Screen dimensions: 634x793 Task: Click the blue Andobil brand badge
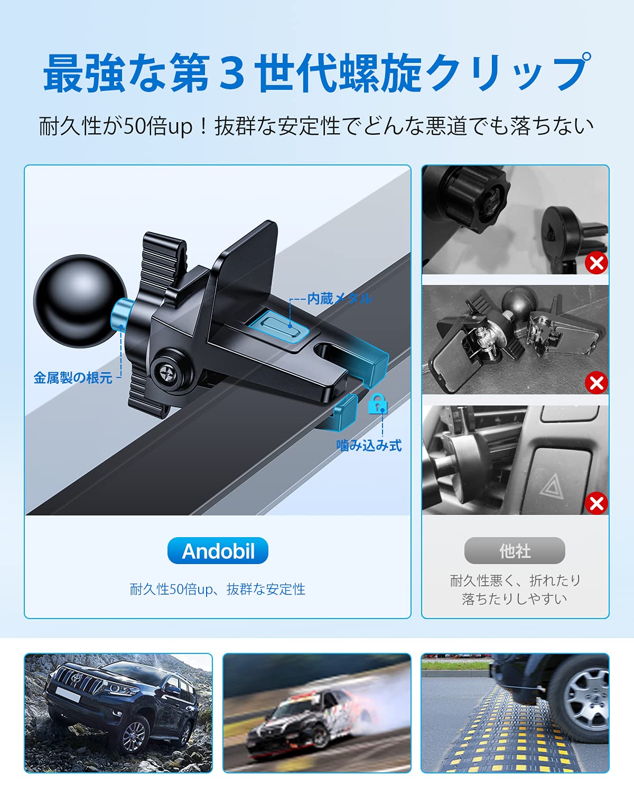218,550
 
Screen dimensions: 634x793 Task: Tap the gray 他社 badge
515,550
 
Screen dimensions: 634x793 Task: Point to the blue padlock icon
378,403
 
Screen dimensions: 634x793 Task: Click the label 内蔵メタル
339,299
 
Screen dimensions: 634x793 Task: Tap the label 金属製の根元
73,377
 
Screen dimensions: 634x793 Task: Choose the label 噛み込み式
369,446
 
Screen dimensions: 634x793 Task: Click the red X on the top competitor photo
596,263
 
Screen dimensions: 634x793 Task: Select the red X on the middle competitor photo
596,383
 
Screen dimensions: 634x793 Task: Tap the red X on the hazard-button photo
596,503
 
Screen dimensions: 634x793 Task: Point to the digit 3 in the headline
231,73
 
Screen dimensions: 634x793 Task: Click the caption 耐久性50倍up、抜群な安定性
217,589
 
